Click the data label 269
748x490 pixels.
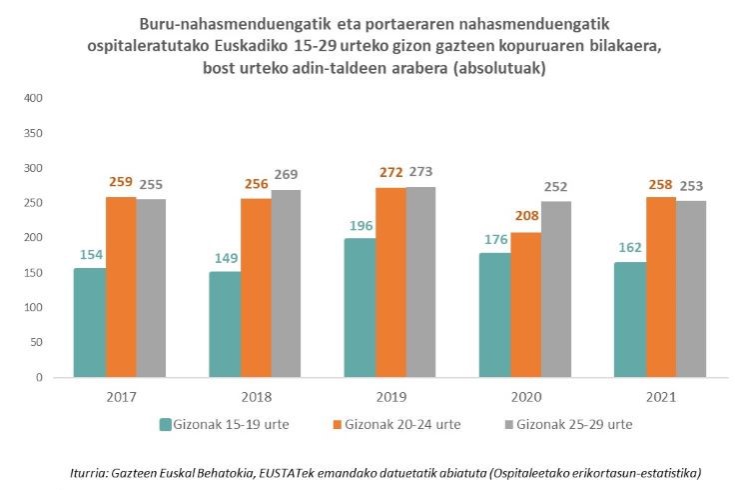click(286, 175)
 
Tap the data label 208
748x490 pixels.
click(524, 217)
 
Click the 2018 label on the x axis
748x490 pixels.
click(256, 397)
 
